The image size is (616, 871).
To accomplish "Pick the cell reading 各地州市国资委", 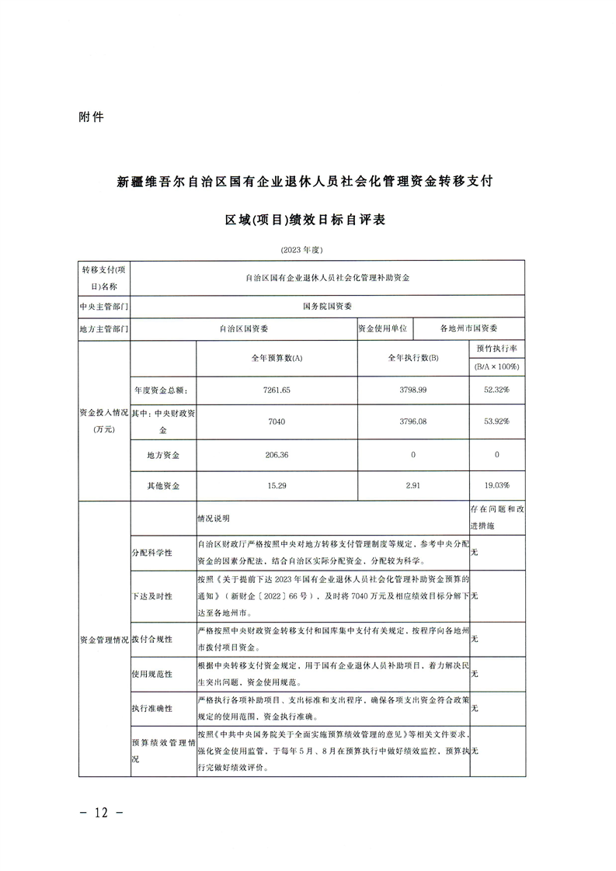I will pyautogui.click(x=469, y=328).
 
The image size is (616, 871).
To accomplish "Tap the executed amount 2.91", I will pyautogui.click(x=412, y=485).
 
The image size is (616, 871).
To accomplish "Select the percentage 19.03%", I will pyautogui.click(x=496, y=485).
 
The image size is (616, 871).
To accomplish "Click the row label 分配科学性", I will pyautogui.click(x=151, y=553).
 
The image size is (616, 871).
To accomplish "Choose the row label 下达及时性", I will pyautogui.click(x=151, y=595).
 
